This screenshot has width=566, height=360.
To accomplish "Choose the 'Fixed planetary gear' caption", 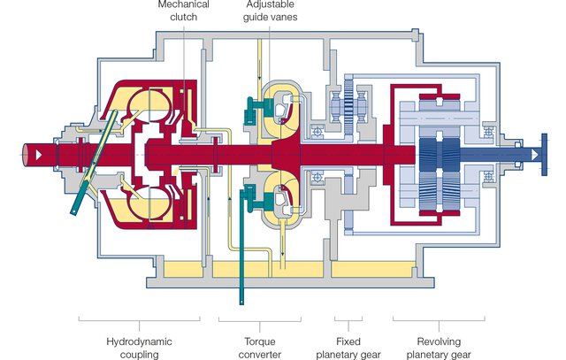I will tap(348, 347).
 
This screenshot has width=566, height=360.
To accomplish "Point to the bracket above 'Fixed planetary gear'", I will tap(348, 318).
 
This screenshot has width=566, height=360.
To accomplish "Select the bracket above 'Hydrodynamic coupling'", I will tap(142, 318).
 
